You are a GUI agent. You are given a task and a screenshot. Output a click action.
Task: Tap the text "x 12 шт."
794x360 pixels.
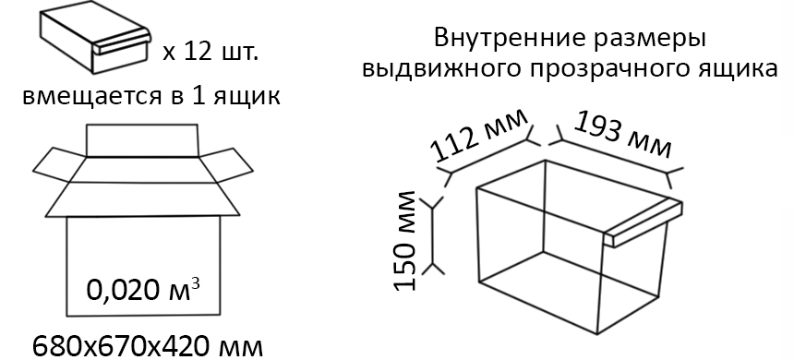pyautogui.click(x=211, y=51)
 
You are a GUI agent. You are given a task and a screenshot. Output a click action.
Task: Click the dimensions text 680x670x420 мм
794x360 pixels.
pyautogui.click(x=148, y=346)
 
